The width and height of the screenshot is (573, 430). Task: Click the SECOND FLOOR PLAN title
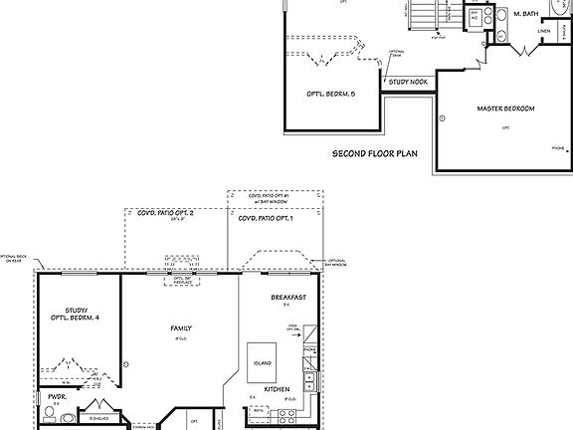click(375, 154)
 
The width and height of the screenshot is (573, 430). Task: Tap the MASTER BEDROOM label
click(505, 107)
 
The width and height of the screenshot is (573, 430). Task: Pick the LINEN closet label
click(544, 31)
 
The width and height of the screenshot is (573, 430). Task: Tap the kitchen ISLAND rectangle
click(263, 364)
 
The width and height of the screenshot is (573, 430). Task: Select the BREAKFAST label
click(287, 298)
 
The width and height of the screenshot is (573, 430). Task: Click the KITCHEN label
click(277, 391)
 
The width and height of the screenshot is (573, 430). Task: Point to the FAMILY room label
click(180, 328)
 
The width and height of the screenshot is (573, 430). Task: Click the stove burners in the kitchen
click(311, 381)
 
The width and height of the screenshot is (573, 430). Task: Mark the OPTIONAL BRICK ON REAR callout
click(13, 259)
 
